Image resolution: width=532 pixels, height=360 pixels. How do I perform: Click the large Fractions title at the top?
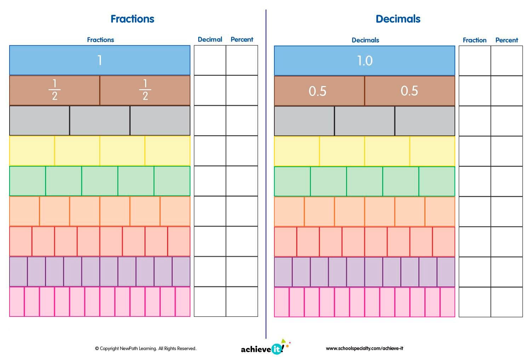click(x=132, y=19)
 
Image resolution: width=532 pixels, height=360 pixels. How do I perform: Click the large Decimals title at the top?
click(x=398, y=19)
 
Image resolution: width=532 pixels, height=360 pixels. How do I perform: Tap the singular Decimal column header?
click(x=210, y=39)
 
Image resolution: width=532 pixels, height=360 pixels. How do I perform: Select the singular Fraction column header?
click(x=474, y=40)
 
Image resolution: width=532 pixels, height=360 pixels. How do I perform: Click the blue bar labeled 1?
click(x=99, y=60)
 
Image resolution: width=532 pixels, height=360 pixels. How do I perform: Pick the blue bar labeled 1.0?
click(x=364, y=61)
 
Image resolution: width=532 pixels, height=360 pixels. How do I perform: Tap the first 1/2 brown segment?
click(x=55, y=90)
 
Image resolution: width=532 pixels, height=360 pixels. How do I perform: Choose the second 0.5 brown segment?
click(x=410, y=91)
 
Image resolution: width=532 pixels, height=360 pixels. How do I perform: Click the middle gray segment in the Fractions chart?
click(x=99, y=120)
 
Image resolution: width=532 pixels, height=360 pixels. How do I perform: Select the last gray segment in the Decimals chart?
click(x=425, y=121)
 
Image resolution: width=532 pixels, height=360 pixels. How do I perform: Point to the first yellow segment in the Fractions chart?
click(x=32, y=151)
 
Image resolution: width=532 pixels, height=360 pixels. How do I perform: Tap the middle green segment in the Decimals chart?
click(x=364, y=181)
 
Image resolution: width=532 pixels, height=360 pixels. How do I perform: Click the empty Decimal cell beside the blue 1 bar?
click(x=210, y=60)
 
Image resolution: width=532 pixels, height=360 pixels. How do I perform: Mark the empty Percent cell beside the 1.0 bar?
click(x=507, y=61)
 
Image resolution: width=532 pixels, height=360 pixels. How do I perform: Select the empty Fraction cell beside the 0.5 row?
click(x=475, y=91)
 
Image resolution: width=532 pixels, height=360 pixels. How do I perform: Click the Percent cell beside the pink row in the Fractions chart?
click(x=242, y=302)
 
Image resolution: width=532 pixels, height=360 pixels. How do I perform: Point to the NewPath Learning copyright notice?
click(x=145, y=348)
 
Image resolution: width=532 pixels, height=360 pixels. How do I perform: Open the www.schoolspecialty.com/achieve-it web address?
click(x=364, y=348)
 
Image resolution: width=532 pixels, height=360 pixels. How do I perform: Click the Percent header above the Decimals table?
click(x=507, y=40)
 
